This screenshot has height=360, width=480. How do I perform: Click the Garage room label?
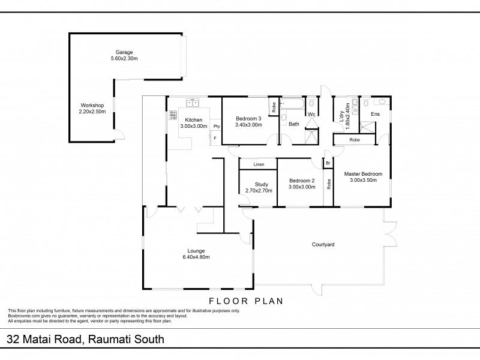pyautogui.click(x=124, y=52)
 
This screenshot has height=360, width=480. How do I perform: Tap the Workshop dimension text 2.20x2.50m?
pyautogui.click(x=92, y=112)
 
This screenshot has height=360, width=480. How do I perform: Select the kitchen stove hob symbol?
pyautogui.click(x=173, y=115)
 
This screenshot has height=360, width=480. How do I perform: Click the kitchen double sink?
pyautogui.click(x=193, y=102)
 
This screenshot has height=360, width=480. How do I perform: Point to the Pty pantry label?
pyautogui.click(x=217, y=126)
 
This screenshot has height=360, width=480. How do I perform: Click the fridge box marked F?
pyautogui.click(x=215, y=138)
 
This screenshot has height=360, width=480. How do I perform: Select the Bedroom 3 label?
pyautogui.click(x=248, y=119)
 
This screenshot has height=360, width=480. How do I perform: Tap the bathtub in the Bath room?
pyautogui.click(x=292, y=104)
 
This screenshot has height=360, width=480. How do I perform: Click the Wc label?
pyautogui.click(x=311, y=115)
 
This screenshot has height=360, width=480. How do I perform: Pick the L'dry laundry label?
pyautogui.click(x=341, y=116)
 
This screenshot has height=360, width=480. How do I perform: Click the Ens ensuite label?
pyautogui.click(x=376, y=114)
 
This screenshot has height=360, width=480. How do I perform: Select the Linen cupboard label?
pyautogui.click(x=259, y=164)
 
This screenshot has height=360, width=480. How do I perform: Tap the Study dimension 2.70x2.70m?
pyautogui.click(x=259, y=191)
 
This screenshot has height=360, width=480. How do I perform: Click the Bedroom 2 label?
pyautogui.click(x=302, y=181)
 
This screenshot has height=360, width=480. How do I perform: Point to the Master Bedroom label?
pyautogui.click(x=363, y=174)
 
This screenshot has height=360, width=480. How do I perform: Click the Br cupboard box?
pyautogui.click(x=328, y=163)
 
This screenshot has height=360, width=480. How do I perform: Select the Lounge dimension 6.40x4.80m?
pyautogui.click(x=196, y=257)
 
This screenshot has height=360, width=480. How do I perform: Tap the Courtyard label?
pyautogui.click(x=323, y=245)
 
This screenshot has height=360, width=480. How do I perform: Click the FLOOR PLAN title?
pyautogui.click(x=246, y=301)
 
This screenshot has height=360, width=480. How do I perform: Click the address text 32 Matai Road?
pyautogui.click(x=44, y=340)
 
